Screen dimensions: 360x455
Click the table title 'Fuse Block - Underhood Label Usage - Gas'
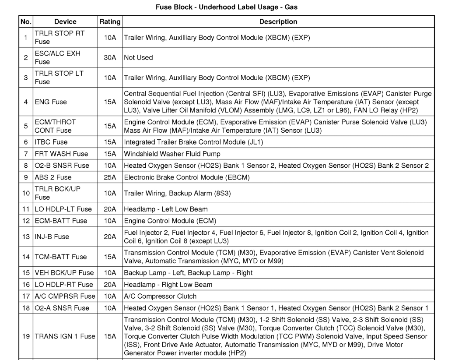pos(227,7)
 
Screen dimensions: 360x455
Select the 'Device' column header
pos(65,21)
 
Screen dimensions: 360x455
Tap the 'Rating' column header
pos(110,21)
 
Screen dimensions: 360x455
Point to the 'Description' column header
pos(278,21)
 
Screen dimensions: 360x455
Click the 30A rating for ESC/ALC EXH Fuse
pos(110,57)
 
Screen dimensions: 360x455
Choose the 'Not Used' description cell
pos(138,57)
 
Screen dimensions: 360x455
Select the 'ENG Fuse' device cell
pos(51,102)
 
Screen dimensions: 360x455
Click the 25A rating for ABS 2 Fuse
pos(110,177)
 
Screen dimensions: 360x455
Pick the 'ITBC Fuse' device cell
pos(51,142)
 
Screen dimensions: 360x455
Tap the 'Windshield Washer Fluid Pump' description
pos(172,154)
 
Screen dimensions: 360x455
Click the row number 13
pos(26,236)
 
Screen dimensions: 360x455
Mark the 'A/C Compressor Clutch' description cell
pos(160,296)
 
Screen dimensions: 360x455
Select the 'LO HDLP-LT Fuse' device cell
pos(63,209)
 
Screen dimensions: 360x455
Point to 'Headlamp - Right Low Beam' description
pos(168,284)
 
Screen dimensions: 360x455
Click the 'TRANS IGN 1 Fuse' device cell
pos(65,336)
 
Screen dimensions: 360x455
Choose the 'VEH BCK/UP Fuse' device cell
pos(64,272)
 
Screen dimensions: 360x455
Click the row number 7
pos(26,154)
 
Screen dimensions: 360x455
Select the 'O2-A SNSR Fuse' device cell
pos(62,308)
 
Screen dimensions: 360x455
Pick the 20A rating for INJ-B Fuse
pos(110,236)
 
